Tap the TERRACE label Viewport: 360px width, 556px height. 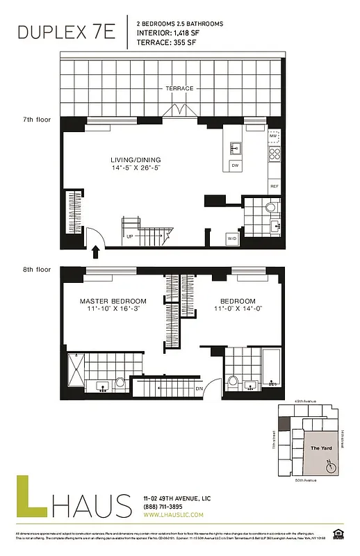pos(179,88)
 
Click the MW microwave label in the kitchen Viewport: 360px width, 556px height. pos(275,137)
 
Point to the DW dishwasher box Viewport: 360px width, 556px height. pos(236,165)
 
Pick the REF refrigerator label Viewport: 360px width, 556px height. pos(275,186)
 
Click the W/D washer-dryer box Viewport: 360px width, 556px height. pos(231,239)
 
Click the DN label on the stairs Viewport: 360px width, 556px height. pos(199,389)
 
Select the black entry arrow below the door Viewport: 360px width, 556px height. pos(95,252)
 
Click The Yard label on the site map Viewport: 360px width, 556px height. pos(320,448)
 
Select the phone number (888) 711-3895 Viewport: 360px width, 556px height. pos(163,507)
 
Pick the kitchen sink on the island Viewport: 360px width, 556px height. pos(236,147)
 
